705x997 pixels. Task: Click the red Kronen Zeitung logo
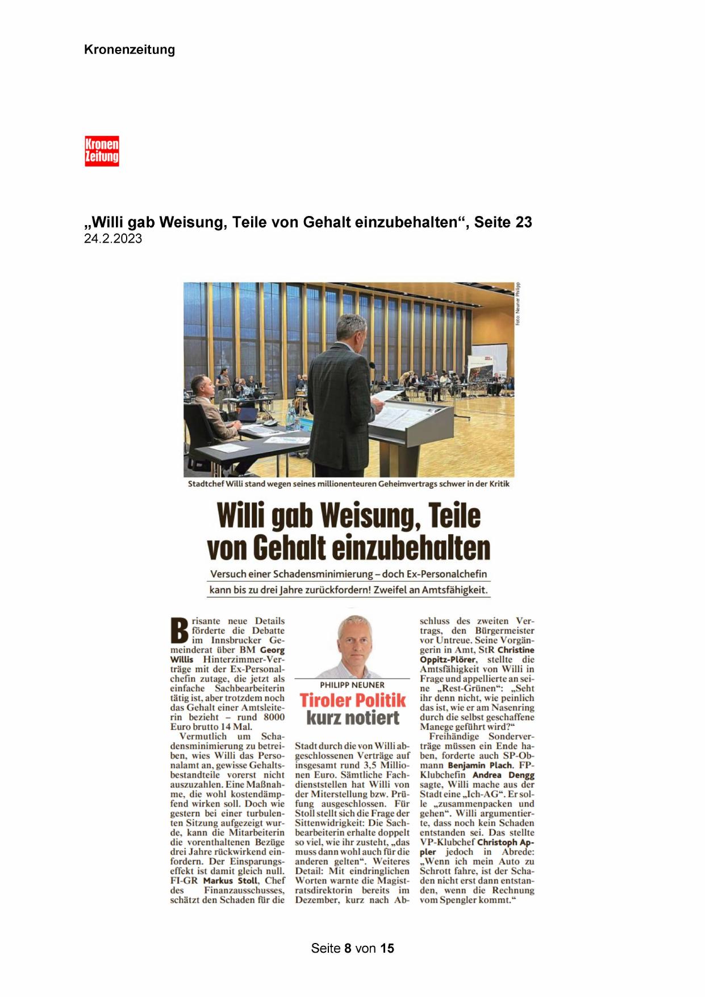tap(102, 151)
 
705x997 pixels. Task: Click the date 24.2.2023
tap(112, 239)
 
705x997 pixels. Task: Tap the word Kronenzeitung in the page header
tap(130, 49)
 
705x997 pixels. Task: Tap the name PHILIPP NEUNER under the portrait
tap(352, 685)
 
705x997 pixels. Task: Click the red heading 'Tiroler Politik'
tap(353, 700)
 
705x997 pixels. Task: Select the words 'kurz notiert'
tap(353, 717)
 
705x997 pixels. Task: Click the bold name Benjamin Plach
tap(479, 765)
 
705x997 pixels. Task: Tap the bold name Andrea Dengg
tap(503, 775)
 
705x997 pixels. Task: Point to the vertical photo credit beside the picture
tap(518, 304)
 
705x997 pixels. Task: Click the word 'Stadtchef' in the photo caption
tap(206, 484)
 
